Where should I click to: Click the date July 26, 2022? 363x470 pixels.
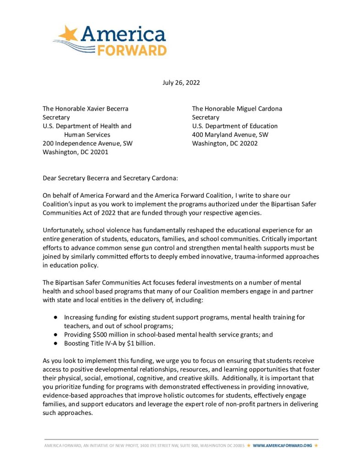coord(181,83)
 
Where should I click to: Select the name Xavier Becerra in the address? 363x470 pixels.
coord(107,109)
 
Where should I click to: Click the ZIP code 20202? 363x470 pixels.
coord(248,143)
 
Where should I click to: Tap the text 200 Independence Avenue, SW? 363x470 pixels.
coord(88,143)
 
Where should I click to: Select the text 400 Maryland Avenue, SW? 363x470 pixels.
coord(230,134)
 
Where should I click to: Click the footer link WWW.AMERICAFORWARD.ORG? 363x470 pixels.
coord(282,445)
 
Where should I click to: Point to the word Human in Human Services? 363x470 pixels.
coord(74,134)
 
